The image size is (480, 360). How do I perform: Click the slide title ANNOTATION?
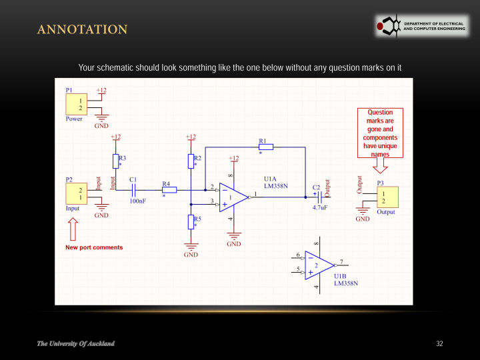click(x=82, y=29)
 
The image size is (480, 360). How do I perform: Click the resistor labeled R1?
click(x=265, y=147)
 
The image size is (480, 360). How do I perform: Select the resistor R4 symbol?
click(x=169, y=190)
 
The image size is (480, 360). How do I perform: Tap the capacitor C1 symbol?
click(x=133, y=190)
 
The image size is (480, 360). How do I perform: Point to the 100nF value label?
click(x=138, y=200)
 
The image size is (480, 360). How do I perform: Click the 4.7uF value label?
click(x=320, y=207)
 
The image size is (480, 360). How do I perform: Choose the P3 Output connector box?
click(x=387, y=197)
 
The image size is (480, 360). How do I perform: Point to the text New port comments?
click(x=94, y=247)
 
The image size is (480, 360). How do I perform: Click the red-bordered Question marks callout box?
click(x=380, y=133)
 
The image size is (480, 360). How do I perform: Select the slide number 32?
click(x=439, y=343)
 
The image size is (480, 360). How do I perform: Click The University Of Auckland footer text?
click(x=75, y=343)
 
